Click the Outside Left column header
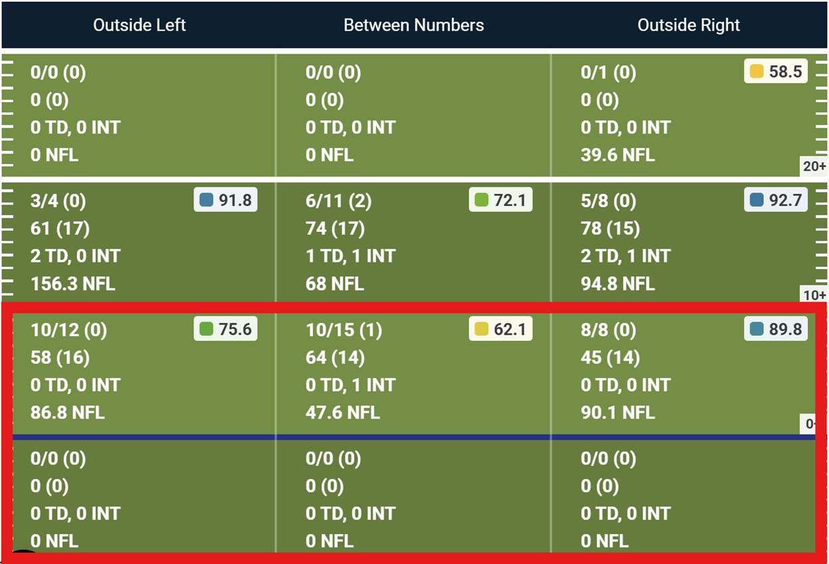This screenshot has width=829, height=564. click(x=139, y=25)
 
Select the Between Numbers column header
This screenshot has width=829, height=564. click(x=414, y=25)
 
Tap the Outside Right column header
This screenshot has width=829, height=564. click(x=689, y=25)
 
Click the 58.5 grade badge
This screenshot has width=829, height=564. click(x=776, y=72)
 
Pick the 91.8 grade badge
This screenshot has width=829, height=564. click(x=226, y=200)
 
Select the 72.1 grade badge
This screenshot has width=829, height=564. click(x=501, y=200)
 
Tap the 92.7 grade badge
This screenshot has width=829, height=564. click(x=776, y=200)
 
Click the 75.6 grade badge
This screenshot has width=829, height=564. click(x=226, y=329)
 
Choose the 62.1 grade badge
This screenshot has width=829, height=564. click(x=501, y=329)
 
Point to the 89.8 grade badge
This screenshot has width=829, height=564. click(x=776, y=329)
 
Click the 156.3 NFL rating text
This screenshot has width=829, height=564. click(x=73, y=284)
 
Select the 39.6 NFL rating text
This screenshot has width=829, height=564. click(x=618, y=155)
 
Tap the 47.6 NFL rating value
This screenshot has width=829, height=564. click(x=343, y=413)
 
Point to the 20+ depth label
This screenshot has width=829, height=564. click(x=814, y=166)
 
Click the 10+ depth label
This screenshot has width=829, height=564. click(x=814, y=295)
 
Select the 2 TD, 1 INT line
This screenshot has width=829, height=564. click(x=626, y=256)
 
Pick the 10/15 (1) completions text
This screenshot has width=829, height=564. click(x=344, y=329)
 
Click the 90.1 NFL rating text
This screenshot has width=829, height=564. click(x=618, y=413)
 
